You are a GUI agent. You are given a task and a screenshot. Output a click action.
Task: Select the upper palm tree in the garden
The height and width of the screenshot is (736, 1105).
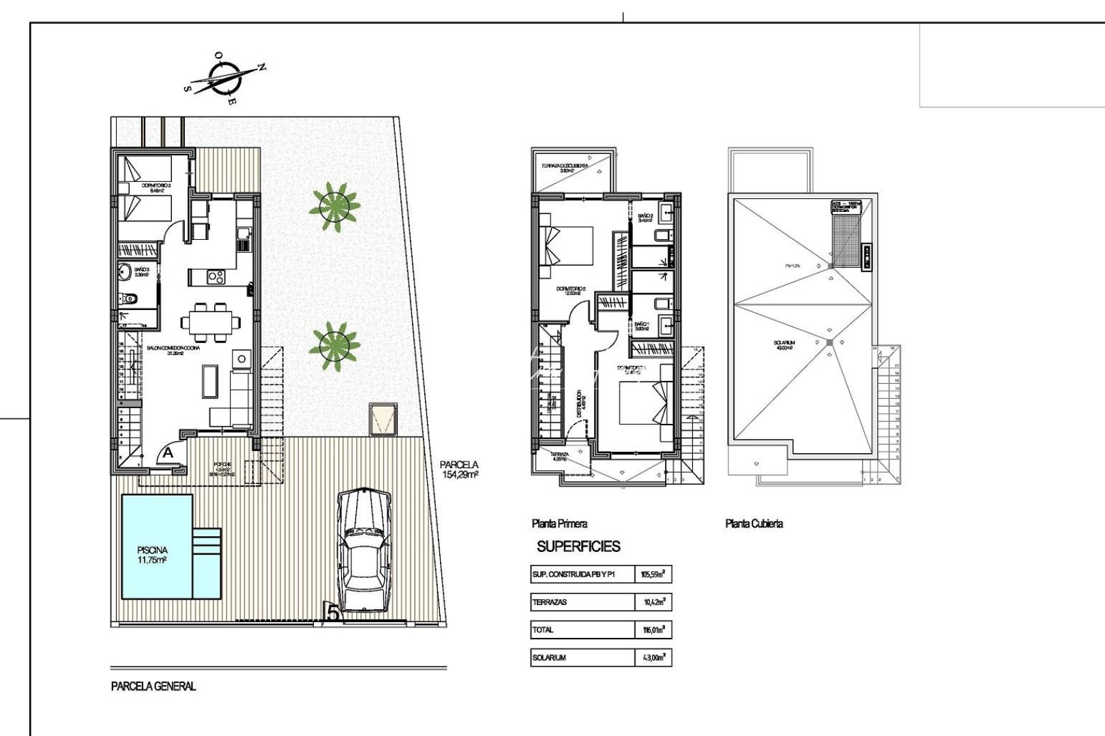pos(334,206)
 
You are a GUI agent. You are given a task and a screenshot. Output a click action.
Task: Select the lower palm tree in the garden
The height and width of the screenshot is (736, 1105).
pos(334,346)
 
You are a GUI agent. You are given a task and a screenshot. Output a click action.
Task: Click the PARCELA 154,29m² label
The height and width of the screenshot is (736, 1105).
pos(460,470)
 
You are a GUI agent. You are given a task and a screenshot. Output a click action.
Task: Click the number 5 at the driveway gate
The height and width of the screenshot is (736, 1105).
pos(332,612)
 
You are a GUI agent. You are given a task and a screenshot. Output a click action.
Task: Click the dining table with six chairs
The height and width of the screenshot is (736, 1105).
pos(210,322)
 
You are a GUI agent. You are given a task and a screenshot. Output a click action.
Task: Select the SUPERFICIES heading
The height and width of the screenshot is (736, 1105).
pos(578,547)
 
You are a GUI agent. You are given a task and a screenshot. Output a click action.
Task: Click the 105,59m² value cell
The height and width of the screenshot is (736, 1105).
pos(653,574)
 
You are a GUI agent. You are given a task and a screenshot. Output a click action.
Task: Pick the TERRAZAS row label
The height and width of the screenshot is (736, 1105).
pos(550,602)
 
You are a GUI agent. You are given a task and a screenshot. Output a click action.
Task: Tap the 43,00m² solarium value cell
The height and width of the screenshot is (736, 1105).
pos(653,658)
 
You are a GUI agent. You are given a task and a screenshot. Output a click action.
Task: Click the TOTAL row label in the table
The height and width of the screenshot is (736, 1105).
pos(544,630)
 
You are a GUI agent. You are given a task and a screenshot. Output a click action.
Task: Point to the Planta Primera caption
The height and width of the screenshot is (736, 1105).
pos(559,523)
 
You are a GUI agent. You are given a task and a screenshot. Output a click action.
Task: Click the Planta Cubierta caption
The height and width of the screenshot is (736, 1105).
pos(754,523)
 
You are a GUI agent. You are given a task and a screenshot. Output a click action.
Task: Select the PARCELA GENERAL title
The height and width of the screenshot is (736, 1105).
pos(153,686)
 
